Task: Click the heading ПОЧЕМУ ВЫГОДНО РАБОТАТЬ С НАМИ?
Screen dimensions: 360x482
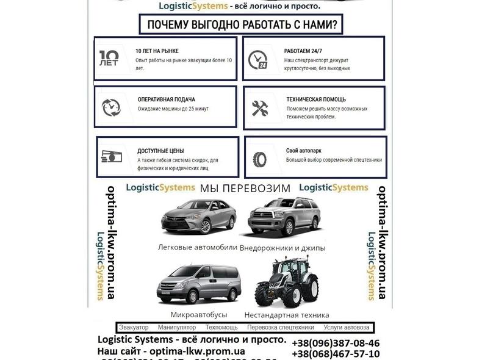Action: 240,24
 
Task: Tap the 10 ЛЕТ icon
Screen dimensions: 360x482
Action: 110,59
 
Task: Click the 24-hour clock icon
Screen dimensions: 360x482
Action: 257,59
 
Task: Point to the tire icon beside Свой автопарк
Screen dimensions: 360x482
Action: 259,160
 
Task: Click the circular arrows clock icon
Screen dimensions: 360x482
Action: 111,108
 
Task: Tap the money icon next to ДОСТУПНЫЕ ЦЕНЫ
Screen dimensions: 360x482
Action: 111,157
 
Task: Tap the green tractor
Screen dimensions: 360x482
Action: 286,284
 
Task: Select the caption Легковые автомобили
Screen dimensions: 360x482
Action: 197,247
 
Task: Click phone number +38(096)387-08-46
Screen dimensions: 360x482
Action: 336,343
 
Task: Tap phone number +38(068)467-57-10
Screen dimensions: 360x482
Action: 336,354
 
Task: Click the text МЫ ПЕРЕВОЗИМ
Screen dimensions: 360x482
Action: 245,189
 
